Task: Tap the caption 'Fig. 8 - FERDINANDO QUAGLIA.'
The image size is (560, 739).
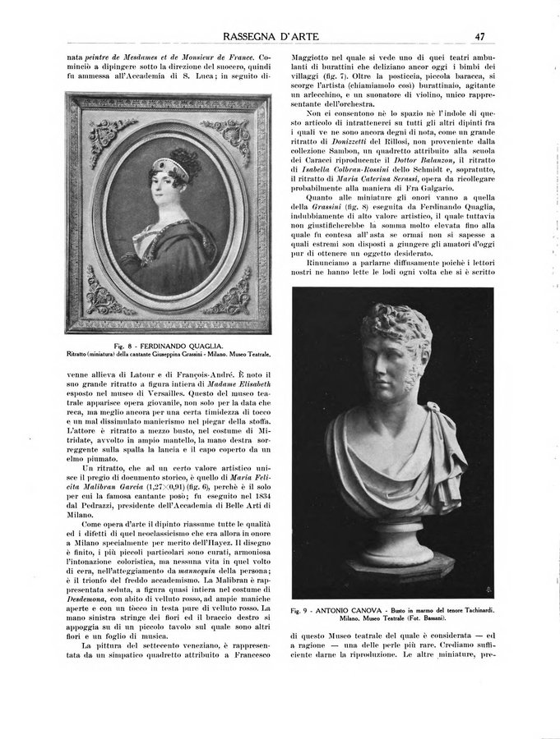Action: pyautogui.click(x=169, y=345)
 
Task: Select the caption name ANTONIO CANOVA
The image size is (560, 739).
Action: pyautogui.click(x=355, y=611)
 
